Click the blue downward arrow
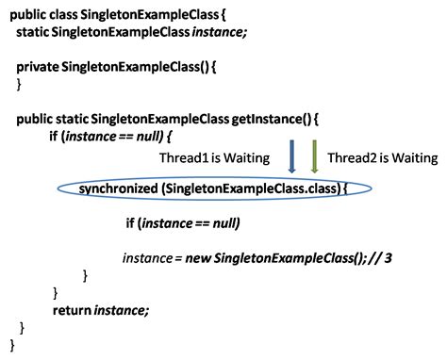pos(292,156)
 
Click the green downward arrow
pos(315,156)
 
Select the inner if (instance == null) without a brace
pos(182,223)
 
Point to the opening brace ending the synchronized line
pos(345,189)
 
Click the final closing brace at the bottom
pos(12,345)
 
